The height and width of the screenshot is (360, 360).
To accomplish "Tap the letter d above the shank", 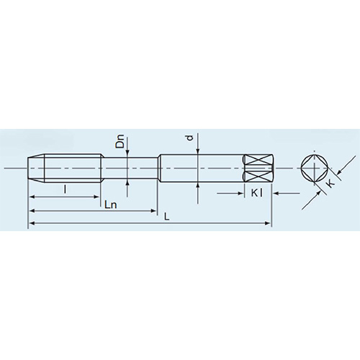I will [189, 138].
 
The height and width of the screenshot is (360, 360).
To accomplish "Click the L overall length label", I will [168, 217].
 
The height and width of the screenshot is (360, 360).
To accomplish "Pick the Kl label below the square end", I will [259, 193].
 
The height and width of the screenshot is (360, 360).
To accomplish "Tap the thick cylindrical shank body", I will [202, 168].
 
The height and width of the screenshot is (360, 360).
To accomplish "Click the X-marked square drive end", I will [257, 168].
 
